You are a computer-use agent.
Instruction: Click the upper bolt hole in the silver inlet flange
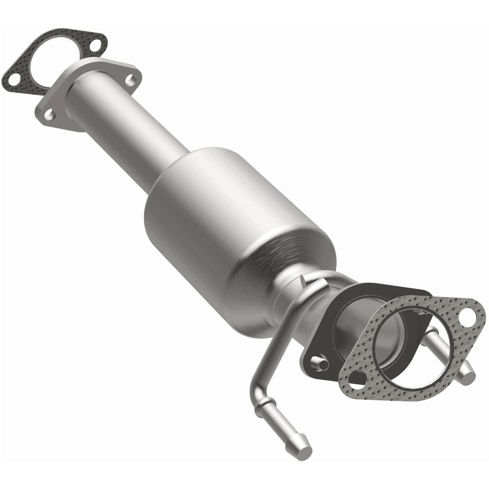130,80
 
